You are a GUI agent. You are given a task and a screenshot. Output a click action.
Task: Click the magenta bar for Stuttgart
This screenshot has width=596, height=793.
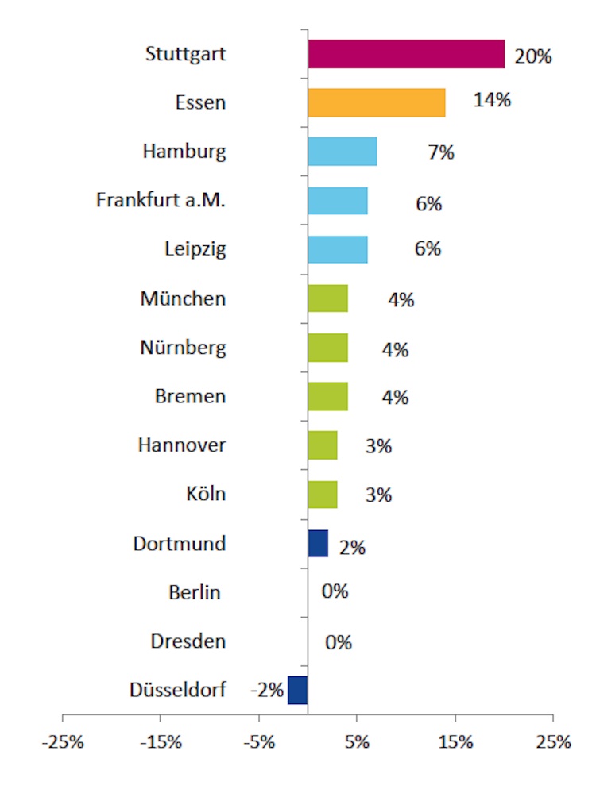coord(406,54)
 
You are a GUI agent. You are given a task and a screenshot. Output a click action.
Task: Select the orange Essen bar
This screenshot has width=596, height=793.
coord(377,103)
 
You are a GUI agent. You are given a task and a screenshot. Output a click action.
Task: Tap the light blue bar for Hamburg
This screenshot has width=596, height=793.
coord(343,152)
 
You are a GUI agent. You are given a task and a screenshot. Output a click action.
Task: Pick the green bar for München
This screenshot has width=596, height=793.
coord(327,298)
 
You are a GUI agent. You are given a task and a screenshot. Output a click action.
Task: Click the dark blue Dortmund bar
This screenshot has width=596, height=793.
coord(318,544)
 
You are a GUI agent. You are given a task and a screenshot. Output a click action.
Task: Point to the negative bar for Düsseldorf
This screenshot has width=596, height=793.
coord(297,690)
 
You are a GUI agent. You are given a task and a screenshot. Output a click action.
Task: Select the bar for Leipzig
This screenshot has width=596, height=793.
coord(338,249)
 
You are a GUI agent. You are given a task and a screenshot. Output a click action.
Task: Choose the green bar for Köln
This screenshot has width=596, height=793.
coord(323,495)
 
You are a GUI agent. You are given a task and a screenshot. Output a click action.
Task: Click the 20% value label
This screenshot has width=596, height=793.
coord(532,56)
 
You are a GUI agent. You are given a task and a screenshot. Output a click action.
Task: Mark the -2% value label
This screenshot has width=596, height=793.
coord(267,690)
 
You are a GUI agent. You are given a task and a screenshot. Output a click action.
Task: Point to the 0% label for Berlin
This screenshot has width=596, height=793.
coord(335,592)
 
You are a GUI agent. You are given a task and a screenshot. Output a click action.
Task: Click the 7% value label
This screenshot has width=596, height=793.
coord(440,152)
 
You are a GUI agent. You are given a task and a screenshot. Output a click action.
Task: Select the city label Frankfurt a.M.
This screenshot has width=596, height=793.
coord(161,200)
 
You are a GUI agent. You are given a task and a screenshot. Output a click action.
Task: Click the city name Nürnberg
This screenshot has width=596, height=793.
coord(182,348)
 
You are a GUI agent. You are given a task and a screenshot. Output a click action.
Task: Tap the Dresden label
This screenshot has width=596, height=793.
coord(188,641)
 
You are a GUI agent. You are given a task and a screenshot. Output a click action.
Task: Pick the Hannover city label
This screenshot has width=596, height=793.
coord(181,445)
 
